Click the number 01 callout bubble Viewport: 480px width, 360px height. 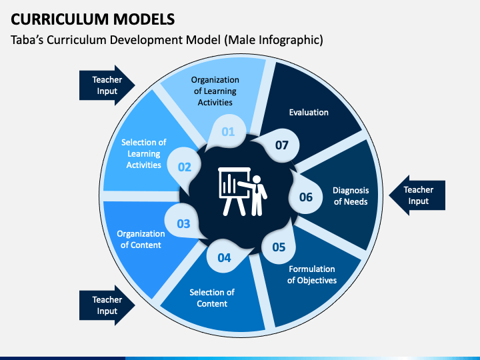(229, 131)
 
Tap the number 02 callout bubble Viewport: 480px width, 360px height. (184, 167)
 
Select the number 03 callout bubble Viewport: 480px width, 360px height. (183, 223)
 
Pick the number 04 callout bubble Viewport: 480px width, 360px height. (225, 257)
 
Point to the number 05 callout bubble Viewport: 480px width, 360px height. (279, 246)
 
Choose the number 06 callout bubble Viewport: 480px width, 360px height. (306, 197)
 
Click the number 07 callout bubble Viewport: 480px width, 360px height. (281, 145)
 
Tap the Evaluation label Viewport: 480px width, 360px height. (309, 113)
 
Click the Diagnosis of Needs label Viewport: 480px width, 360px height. (351, 196)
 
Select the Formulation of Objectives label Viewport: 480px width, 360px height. (312, 275)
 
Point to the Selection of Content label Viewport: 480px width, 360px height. (212, 298)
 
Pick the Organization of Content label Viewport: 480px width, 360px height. (141, 239)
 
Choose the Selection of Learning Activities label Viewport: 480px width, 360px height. (143, 153)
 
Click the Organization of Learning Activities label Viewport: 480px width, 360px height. (215, 91)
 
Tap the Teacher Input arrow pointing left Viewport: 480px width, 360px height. (417, 195)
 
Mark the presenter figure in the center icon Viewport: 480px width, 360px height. (254, 195)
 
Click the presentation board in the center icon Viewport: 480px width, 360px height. (234, 191)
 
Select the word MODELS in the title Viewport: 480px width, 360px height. (144, 19)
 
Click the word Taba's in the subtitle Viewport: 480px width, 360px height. (27, 40)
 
